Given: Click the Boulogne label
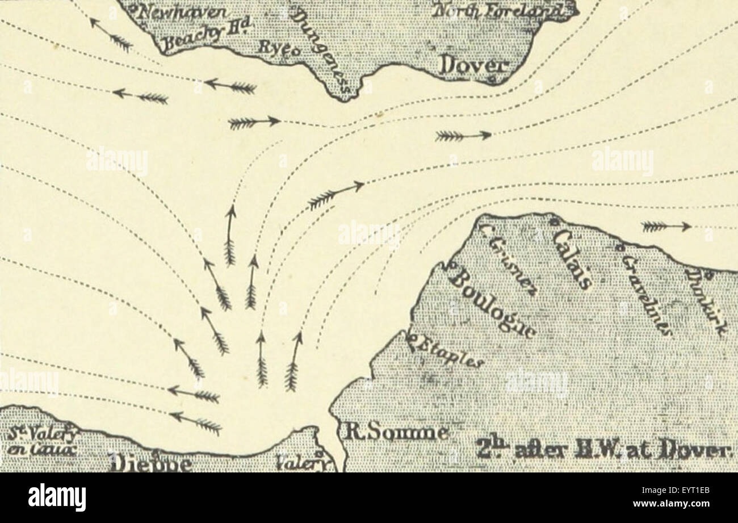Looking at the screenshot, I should pyautogui.click(x=492, y=305).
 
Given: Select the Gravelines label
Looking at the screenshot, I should pyautogui.click(x=647, y=294).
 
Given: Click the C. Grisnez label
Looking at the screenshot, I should pyautogui.click(x=507, y=258).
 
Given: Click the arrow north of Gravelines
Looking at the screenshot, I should pyautogui.click(x=666, y=227).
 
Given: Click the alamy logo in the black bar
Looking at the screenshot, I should pyautogui.click(x=57, y=497).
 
